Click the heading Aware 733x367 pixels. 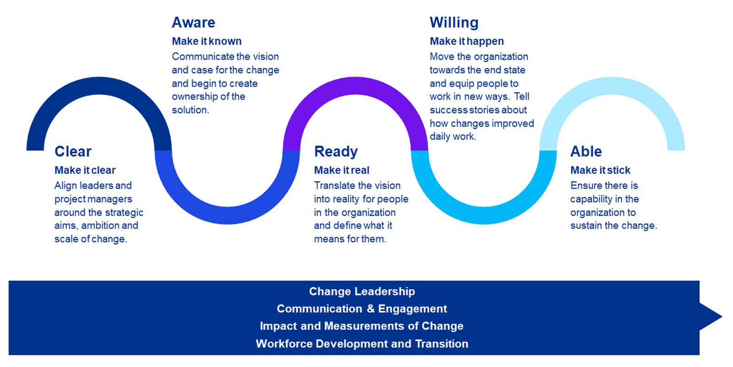(x=193, y=22)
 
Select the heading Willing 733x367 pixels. (x=454, y=22)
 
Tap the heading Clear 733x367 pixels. (x=73, y=151)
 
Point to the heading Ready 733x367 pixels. (x=336, y=152)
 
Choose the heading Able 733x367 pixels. (x=586, y=151)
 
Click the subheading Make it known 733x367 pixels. (x=207, y=41)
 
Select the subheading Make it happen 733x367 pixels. (x=467, y=41)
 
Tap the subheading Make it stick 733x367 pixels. (x=600, y=170)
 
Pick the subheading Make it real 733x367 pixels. (x=342, y=170)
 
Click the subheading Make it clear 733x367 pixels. (x=85, y=170)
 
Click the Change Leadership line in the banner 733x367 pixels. (x=362, y=291)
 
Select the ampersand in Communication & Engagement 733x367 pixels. (x=371, y=309)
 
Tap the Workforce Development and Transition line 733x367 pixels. (x=362, y=344)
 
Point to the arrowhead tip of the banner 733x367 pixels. (x=722, y=317)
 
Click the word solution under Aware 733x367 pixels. (x=190, y=110)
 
